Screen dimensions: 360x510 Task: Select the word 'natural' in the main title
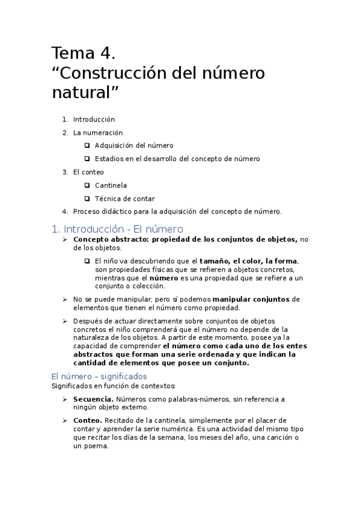coord(82,93)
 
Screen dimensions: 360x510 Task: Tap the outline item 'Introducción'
coord(94,119)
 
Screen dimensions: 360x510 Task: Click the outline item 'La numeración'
coord(98,132)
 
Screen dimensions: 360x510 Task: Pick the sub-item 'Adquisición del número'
coord(134,146)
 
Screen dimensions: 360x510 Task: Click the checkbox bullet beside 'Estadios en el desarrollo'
coord(87,159)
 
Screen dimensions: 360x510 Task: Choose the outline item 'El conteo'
coord(88,172)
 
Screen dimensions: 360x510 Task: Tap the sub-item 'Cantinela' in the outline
coord(111,185)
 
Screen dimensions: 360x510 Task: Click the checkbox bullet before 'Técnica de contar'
coord(87,198)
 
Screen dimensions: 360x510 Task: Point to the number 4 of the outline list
coord(64,212)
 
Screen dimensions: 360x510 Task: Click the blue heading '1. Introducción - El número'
coord(117,229)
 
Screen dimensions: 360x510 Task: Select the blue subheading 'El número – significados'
coord(99,376)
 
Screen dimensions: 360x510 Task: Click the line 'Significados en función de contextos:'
coord(113,386)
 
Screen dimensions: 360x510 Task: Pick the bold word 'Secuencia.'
coord(93,399)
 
